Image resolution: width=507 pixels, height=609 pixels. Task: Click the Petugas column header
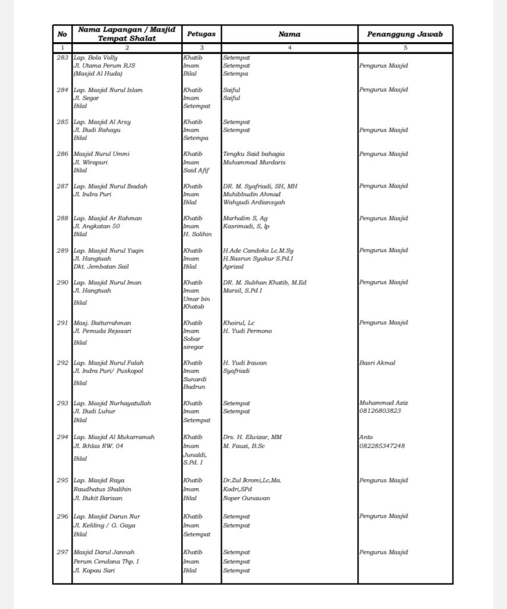pos(201,34)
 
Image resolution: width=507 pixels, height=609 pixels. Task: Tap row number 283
pos(62,58)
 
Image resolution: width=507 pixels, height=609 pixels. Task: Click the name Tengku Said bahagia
pos(254,154)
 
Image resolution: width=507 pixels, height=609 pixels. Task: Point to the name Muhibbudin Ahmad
pos(251,194)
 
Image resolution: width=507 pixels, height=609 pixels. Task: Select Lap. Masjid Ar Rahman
pos(108,218)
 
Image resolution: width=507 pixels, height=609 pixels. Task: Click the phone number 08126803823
pos(380,411)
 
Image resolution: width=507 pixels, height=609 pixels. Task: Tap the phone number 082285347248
pos(382,445)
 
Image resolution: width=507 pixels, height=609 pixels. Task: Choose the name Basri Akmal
pos(377,363)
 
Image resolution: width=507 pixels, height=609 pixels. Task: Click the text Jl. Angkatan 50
pos(96,227)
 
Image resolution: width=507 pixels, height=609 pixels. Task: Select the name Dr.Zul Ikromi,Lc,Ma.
pos(252,481)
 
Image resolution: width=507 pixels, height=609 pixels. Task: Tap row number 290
pos(62,282)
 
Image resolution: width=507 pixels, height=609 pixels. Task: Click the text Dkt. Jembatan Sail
pos(101,267)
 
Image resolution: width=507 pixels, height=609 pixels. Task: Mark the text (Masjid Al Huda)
pos(98,74)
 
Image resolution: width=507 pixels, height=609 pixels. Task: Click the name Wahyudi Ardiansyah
pos(254,202)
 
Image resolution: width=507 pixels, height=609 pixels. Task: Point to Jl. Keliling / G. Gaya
pos(104,526)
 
